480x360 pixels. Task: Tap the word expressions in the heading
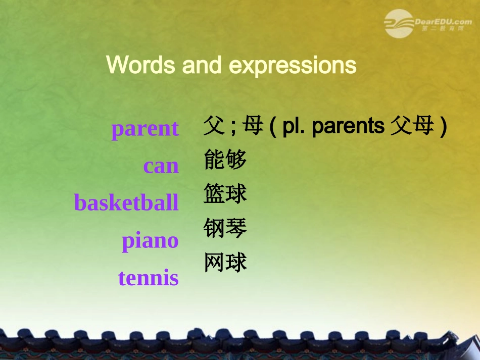coord(293,66)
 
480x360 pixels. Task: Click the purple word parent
coord(145,129)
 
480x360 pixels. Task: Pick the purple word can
coord(161,166)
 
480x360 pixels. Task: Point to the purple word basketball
coord(126,203)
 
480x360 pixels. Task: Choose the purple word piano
coord(150,241)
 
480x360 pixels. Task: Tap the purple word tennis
coord(148,278)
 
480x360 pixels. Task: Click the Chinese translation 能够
coord(225,160)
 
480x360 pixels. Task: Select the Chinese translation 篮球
coord(225,194)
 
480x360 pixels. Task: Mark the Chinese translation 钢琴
coord(225,228)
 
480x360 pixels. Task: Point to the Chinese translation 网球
coord(225,263)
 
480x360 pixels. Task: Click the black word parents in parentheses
coord(348,127)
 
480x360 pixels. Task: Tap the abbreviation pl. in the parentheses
coord(294,127)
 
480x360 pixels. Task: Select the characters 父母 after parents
coord(412,126)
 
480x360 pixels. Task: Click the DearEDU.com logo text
coord(443,22)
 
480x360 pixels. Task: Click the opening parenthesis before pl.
coord(273,127)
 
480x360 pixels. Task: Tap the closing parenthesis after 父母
coord(443,127)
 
